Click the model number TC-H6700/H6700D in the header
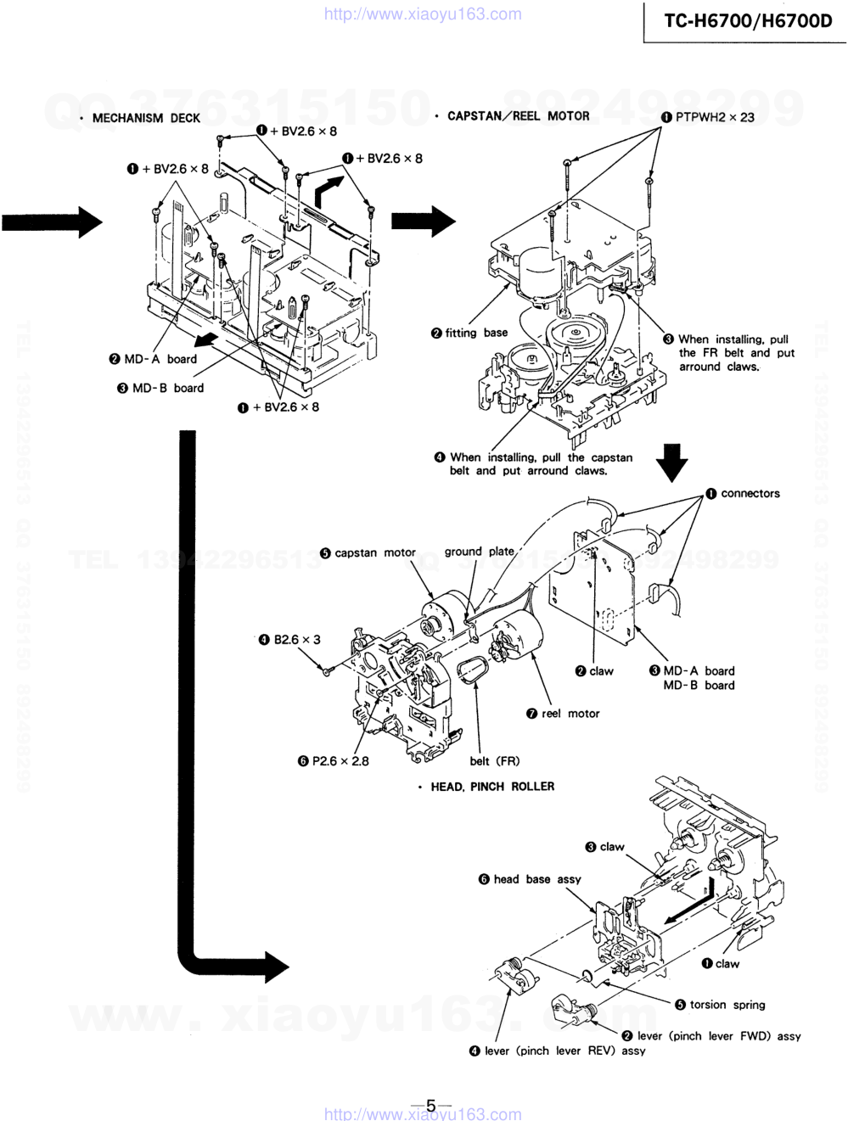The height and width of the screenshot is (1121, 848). click(x=747, y=20)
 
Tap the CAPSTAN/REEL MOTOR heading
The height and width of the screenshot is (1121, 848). click(x=518, y=116)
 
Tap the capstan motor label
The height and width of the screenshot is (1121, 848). click(x=374, y=552)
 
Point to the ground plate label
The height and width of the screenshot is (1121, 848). click(x=479, y=551)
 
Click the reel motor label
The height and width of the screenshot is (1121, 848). click(x=570, y=714)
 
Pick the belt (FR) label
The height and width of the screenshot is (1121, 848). click(x=495, y=761)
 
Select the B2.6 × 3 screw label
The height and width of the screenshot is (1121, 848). click(x=296, y=640)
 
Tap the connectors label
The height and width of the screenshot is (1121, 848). click(x=750, y=493)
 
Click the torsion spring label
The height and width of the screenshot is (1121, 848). click(x=727, y=1005)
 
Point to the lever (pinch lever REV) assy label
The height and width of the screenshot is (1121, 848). click(x=564, y=1051)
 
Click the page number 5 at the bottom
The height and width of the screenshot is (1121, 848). click(x=430, y=1106)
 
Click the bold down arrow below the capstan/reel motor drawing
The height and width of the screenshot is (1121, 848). click(x=671, y=462)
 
